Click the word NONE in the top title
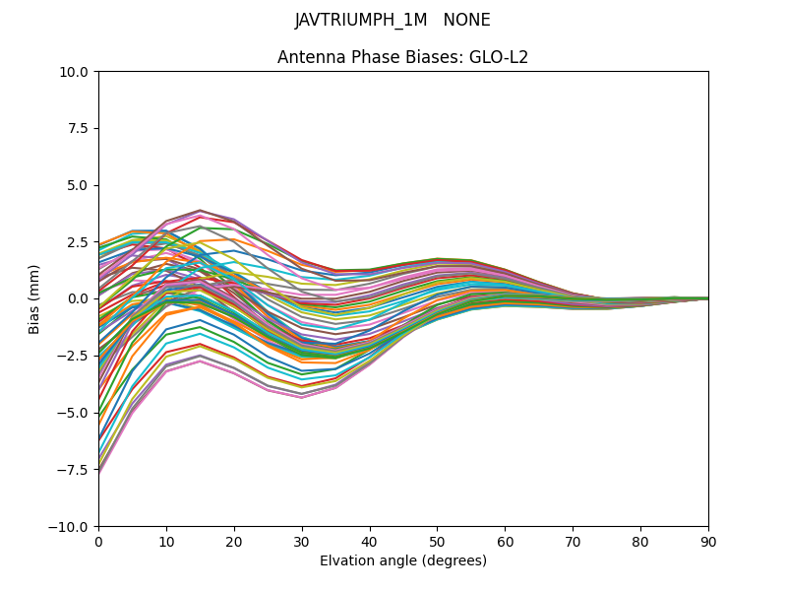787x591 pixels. (x=467, y=20)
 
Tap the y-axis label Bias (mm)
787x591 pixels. (x=34, y=298)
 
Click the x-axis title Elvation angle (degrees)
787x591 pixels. (x=403, y=560)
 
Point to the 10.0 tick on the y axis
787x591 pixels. (x=77, y=72)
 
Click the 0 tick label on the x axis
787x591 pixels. (x=98, y=541)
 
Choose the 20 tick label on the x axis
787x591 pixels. (x=234, y=541)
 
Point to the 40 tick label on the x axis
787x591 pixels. (x=370, y=541)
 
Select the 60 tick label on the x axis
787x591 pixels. (x=505, y=541)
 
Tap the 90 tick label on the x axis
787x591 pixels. (x=708, y=541)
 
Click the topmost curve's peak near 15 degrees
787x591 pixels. (x=201, y=210)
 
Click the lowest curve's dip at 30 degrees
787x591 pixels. (x=302, y=397)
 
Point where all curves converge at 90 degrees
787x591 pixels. (x=707, y=298)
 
